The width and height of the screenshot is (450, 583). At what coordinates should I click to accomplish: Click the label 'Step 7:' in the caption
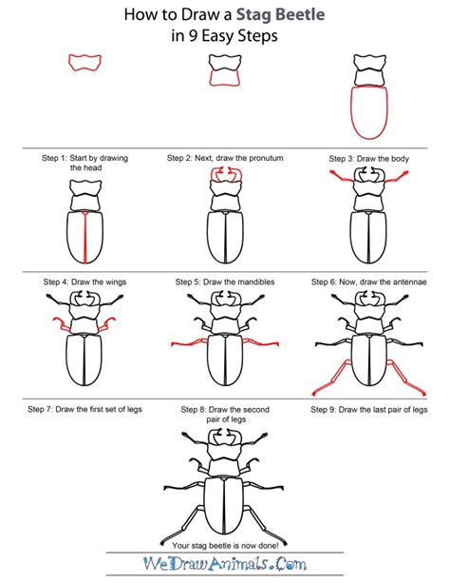coord(44,410)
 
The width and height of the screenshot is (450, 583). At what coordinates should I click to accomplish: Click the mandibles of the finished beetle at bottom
coord(225,441)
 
